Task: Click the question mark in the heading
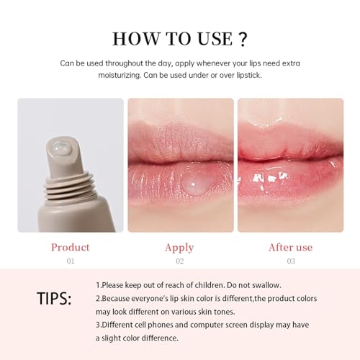tap(244, 39)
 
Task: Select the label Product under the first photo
tap(70, 247)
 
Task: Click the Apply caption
tap(179, 248)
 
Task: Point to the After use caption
tap(290, 248)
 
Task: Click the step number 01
tap(70, 261)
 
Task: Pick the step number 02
tap(179, 261)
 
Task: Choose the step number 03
tap(290, 261)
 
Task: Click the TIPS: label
tap(54, 299)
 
